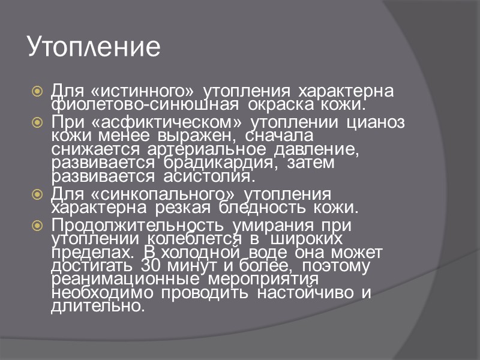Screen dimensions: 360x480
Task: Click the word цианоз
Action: click(x=376, y=123)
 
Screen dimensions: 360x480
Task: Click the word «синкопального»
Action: click(x=161, y=194)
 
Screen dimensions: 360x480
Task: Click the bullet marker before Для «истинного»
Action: click(x=37, y=92)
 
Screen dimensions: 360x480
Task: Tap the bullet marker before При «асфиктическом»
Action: click(x=37, y=123)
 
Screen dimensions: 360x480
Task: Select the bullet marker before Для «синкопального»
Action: click(x=37, y=195)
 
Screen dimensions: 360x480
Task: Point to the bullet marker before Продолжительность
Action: click(x=37, y=226)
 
